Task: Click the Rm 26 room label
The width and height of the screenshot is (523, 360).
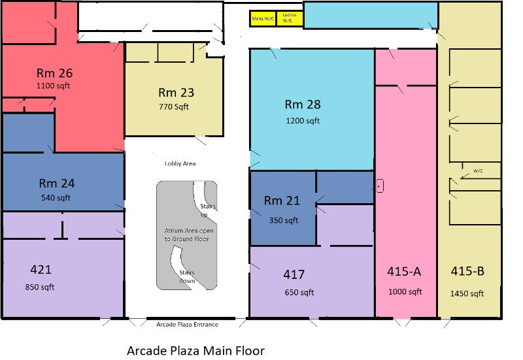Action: point(54,73)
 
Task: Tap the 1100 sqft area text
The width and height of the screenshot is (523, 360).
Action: point(53,86)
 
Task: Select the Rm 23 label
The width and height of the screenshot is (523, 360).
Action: point(176,92)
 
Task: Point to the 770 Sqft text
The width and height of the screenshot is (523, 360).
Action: point(174,106)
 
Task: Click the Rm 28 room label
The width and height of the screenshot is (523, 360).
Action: point(303,105)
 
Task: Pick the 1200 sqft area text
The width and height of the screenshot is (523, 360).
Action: point(303,121)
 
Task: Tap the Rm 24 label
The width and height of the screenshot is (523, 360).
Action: point(57,183)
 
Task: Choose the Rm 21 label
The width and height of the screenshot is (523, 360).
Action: point(282,201)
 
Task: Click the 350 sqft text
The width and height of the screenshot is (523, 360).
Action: point(284,220)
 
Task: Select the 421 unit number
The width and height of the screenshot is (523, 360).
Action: point(41,269)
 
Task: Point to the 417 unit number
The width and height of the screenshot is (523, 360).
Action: point(294,274)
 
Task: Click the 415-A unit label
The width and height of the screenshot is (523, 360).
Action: point(404,272)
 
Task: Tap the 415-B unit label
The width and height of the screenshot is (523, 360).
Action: point(467,271)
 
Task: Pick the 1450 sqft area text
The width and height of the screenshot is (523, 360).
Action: point(467,293)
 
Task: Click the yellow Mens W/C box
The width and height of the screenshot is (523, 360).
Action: point(263,19)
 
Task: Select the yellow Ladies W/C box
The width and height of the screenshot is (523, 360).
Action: point(290,19)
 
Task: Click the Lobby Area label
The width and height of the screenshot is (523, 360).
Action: point(180,163)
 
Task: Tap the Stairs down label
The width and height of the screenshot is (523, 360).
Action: point(187,276)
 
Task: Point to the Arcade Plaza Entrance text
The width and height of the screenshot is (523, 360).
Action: point(187,324)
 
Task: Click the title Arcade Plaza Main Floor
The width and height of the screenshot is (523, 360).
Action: point(195,351)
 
